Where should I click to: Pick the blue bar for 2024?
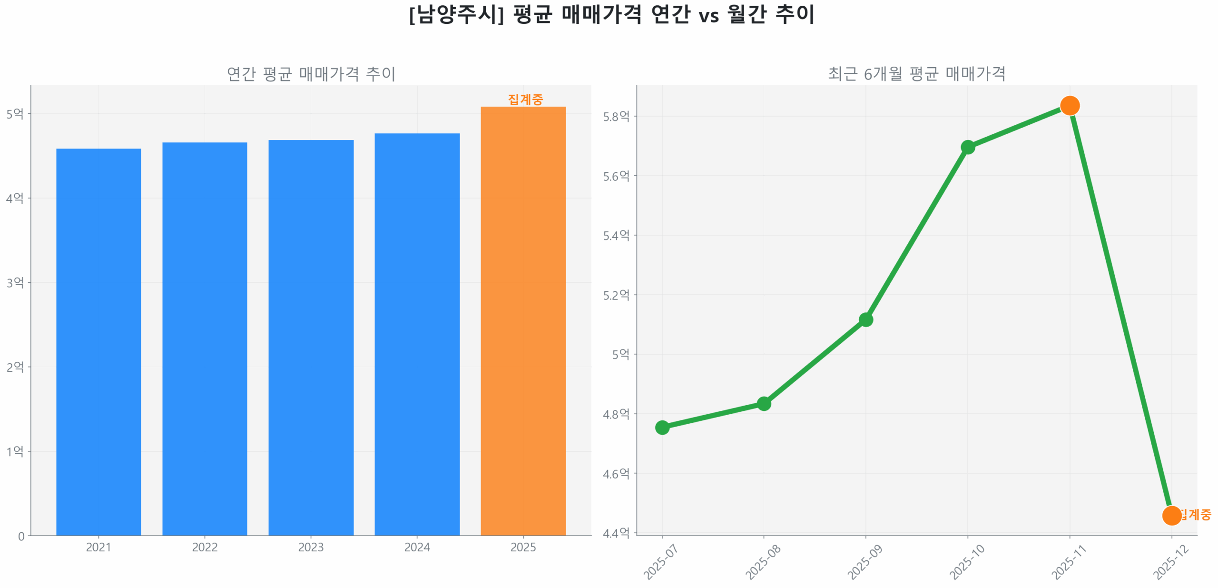(x=417, y=334)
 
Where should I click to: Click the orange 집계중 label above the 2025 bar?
(x=525, y=99)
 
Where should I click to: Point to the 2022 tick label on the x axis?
(x=205, y=547)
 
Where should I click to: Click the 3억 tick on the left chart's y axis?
(x=15, y=283)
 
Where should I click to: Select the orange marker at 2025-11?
(x=1069, y=106)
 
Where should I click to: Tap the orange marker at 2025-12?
(x=1171, y=515)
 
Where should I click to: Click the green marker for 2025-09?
(x=865, y=319)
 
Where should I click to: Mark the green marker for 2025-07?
(x=662, y=428)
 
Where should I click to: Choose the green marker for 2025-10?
(x=967, y=147)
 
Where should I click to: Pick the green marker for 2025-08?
(x=764, y=404)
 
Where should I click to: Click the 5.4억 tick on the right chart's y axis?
(x=616, y=236)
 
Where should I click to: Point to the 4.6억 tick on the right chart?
(x=616, y=474)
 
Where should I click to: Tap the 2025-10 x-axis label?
(x=966, y=561)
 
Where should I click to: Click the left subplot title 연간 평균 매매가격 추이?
(x=311, y=74)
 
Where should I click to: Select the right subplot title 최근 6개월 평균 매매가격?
(x=916, y=74)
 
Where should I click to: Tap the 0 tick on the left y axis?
(x=21, y=537)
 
